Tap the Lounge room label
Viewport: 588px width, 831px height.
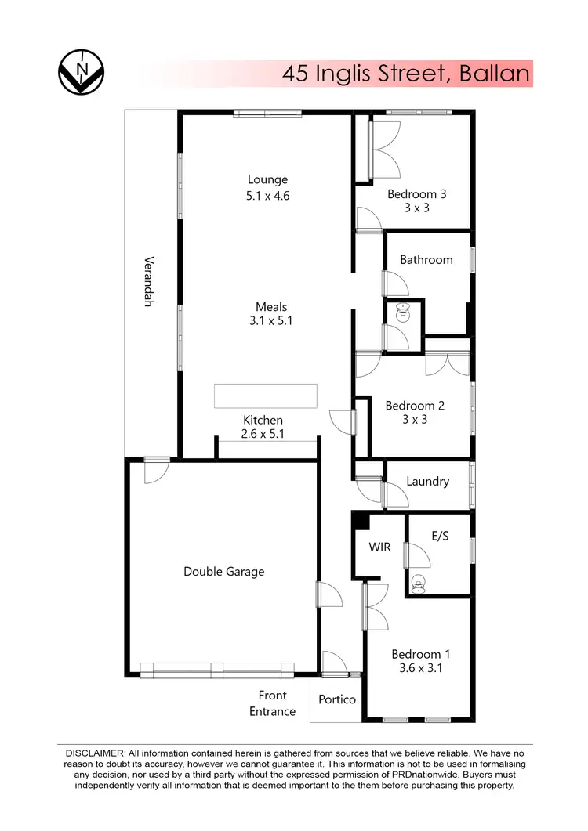267,179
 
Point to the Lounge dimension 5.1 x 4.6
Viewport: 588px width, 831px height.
267,196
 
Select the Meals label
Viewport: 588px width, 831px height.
271,306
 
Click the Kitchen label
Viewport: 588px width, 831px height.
263,420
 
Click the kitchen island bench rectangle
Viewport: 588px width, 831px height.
266,396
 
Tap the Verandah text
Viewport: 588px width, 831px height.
147,282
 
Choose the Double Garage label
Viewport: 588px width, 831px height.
223,571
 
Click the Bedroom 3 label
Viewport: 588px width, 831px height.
416,193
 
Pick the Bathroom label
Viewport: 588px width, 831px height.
426,259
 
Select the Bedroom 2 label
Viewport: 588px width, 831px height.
415,405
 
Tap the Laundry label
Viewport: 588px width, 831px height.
427,481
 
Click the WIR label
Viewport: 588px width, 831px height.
379,547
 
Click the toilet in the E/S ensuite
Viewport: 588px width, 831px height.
419,582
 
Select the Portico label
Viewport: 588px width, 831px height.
337,699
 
